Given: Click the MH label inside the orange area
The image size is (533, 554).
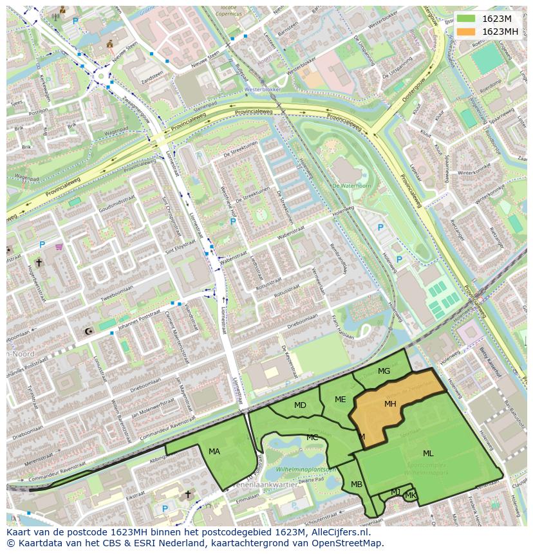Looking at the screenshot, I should [x=390, y=404].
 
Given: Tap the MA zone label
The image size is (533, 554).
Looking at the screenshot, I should [x=214, y=452].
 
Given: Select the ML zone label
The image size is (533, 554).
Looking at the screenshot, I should [x=428, y=454].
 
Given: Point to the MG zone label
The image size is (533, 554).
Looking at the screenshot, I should [x=384, y=371].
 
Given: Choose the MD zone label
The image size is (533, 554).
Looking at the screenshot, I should [x=300, y=405].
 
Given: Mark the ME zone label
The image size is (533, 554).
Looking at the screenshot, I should [x=341, y=400].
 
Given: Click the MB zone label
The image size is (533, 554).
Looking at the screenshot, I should [x=357, y=485].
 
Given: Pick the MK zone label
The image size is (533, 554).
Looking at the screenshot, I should [x=410, y=495].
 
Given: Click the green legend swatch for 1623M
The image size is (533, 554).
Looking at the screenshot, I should [x=466, y=19].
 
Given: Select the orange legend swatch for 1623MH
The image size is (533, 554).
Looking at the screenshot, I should [x=466, y=32].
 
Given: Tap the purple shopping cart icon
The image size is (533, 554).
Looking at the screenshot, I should [x=59, y=246].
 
